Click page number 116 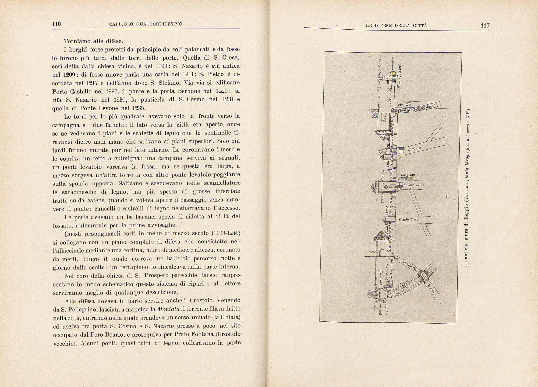[x=56, y=24]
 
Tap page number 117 [x=485, y=26]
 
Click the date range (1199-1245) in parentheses [x=226, y=233]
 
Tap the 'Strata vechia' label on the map [x=410, y=219]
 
